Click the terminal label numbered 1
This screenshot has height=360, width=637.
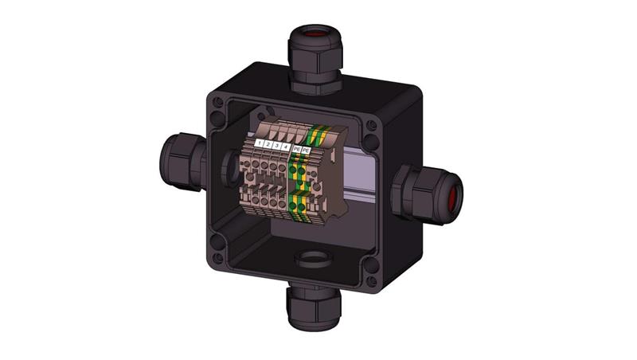pos(260,144)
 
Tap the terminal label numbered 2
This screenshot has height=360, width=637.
pos(268,145)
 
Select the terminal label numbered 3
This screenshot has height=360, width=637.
pos(277,146)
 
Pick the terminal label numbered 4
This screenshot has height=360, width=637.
pos(286,147)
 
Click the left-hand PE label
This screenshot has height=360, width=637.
pos(296,148)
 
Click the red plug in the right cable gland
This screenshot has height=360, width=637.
pos(455,194)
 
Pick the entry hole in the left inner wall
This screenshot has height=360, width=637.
pos(227,167)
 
